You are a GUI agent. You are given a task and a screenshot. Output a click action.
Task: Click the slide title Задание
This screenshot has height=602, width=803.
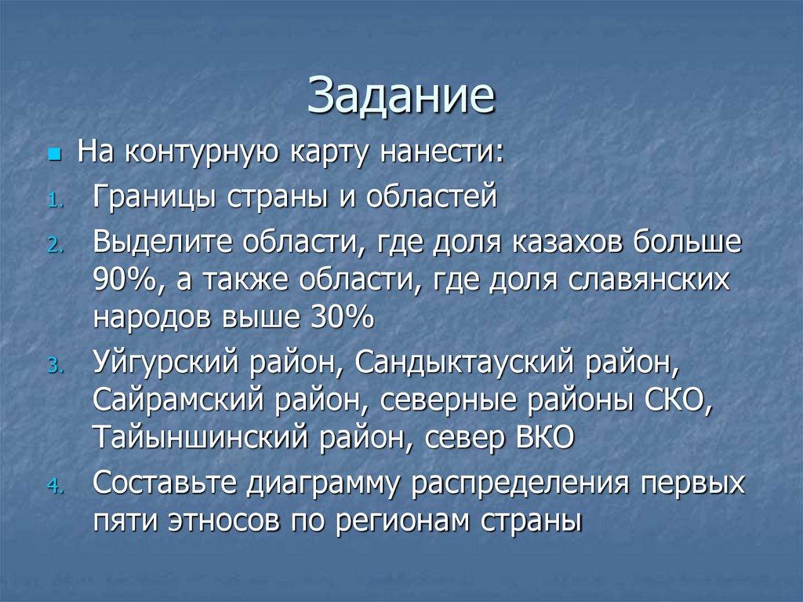401,98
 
